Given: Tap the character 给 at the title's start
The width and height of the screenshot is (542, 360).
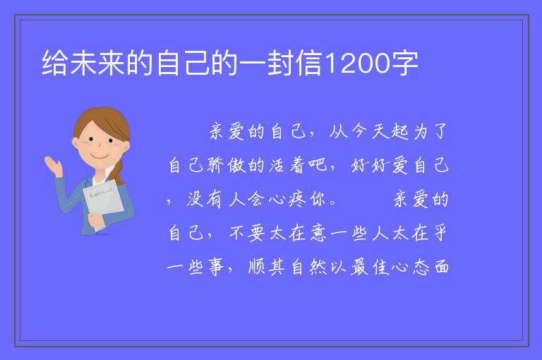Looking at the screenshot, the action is pyautogui.click(x=54, y=63).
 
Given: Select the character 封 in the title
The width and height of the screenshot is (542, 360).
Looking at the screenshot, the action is pyautogui.click(x=280, y=63).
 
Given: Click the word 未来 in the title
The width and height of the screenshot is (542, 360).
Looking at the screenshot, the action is pyautogui.click(x=97, y=63).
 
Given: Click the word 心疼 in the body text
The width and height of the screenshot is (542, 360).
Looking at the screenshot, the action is pyautogui.click(x=287, y=199).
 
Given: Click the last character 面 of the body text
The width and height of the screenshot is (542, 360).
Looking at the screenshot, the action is pyautogui.click(x=441, y=267).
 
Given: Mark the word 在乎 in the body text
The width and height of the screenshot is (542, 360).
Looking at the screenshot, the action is pyautogui.click(x=429, y=233).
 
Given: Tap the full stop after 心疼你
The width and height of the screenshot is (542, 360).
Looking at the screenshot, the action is pyautogui.click(x=333, y=203).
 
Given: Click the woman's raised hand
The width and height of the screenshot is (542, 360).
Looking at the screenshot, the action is pyautogui.click(x=52, y=165).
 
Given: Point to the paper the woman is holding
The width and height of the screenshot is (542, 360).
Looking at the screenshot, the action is pyautogui.click(x=103, y=200).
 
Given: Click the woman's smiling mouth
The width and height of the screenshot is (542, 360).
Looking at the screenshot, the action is pyautogui.click(x=100, y=156).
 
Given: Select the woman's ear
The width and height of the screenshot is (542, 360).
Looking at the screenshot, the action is pyautogui.click(x=76, y=143).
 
